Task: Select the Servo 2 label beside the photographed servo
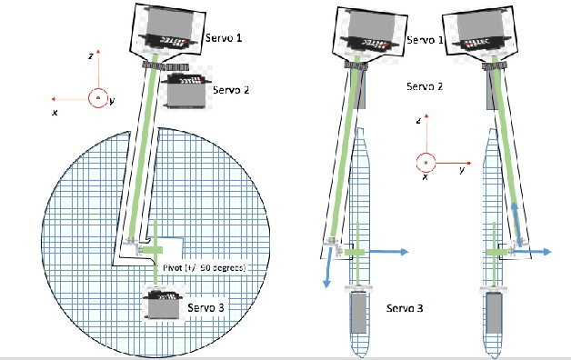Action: pyautogui.click(x=232, y=90)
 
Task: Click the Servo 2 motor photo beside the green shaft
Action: pyautogui.click(x=184, y=91)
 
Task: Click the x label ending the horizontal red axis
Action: pyautogui.click(x=55, y=112)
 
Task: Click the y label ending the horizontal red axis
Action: pyautogui.click(x=462, y=170)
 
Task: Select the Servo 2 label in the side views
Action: pyautogui.click(x=425, y=86)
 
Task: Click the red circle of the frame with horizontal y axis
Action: pyautogui.click(x=423, y=162)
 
